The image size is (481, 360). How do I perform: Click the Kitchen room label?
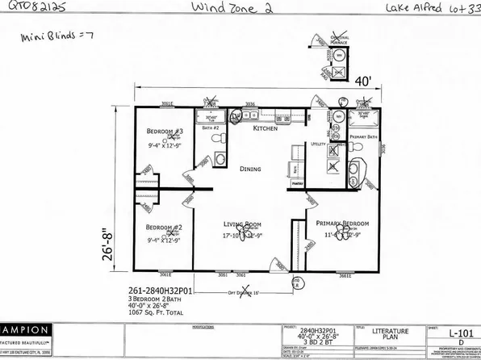click(x=266, y=129)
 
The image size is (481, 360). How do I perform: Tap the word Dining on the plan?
click(x=251, y=169)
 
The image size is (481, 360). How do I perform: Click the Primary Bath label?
click(x=367, y=137)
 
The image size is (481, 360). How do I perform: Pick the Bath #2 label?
click(x=211, y=129)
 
